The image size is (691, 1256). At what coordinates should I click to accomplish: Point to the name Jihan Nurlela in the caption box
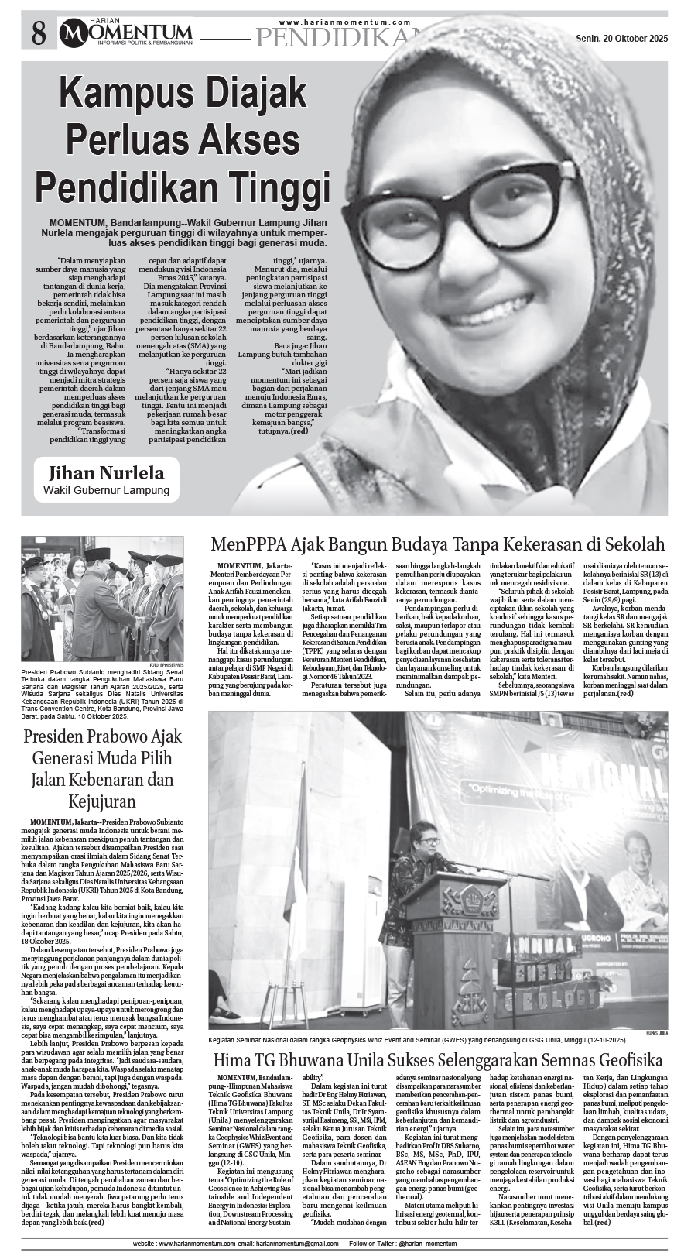(x=105, y=473)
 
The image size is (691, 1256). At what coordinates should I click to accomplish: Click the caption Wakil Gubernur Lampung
(x=106, y=491)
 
